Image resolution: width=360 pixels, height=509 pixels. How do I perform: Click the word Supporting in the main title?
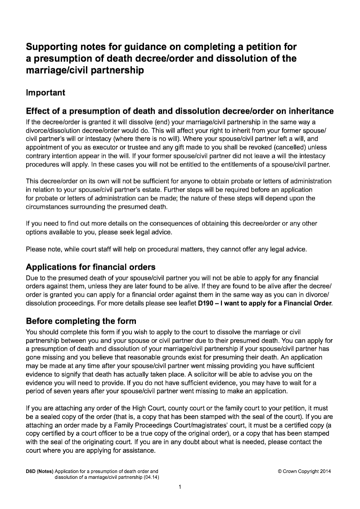[x=50, y=47]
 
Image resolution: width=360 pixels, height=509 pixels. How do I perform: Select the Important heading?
[x=45, y=93]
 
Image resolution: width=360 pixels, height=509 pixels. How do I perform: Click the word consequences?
[x=158, y=224]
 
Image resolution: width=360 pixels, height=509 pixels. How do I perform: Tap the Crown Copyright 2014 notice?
[x=304, y=471]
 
